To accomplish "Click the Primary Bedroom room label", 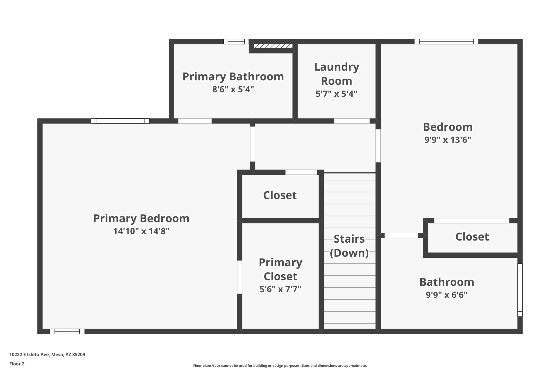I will pos(141,219).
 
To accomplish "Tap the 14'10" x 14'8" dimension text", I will pos(141,231).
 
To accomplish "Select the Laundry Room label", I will pos(336,74).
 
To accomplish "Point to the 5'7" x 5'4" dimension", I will pos(336,94).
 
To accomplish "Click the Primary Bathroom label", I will pos(233,77).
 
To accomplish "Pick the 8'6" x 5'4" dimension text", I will pos(233,89).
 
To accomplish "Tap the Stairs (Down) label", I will pos(349,246).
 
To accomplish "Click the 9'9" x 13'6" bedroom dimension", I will pos(448,140).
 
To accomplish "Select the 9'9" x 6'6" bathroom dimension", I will pos(447,295).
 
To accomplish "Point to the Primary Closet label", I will pos(280,269).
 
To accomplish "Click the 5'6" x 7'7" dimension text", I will pos(280,289).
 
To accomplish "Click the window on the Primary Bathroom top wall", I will pos(236,42).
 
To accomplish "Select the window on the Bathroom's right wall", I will pos(520,290).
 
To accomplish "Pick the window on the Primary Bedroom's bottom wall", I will pos(67,331).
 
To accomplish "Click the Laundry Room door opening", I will pos(352,121).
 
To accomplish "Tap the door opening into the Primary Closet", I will pos(240,277).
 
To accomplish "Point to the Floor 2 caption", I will pos(17,364).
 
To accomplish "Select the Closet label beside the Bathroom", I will pos(472,237).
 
